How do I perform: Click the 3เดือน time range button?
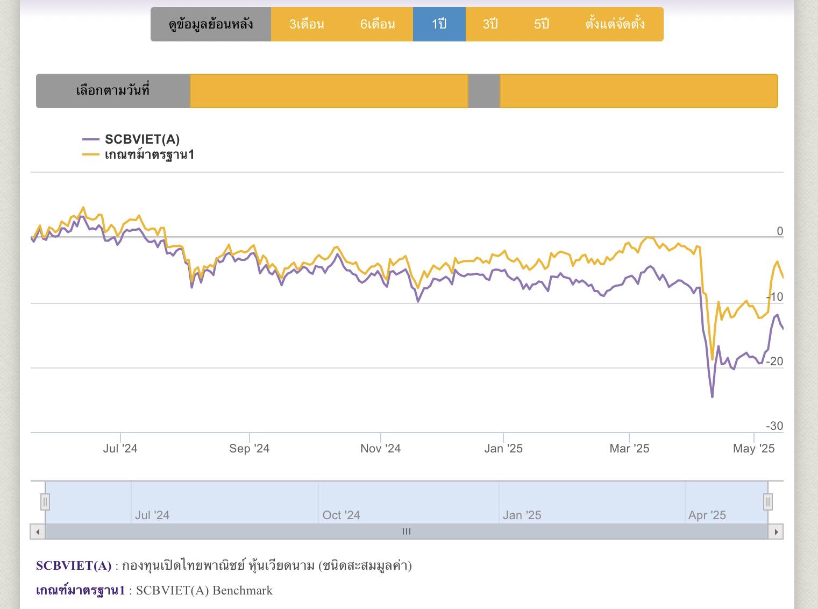click(x=307, y=24)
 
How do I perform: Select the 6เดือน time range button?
click(x=378, y=24)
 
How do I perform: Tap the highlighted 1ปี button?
click(x=439, y=24)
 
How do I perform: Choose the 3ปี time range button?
click(x=490, y=24)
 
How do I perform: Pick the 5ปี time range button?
click(x=542, y=24)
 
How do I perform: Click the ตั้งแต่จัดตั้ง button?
click(x=615, y=24)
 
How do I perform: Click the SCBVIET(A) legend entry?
click(x=142, y=139)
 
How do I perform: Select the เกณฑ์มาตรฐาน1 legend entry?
click(x=149, y=155)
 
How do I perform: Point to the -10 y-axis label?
click(x=776, y=297)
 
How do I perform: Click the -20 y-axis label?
click(x=775, y=362)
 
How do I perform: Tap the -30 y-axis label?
click(x=775, y=426)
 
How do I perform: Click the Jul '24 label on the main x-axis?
click(x=120, y=449)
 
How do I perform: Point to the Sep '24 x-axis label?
click(x=249, y=449)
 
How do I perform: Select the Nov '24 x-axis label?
click(x=380, y=449)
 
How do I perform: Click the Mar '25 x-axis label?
click(x=629, y=449)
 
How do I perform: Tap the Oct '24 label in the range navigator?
click(x=341, y=515)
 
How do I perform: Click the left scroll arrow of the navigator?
click(x=38, y=532)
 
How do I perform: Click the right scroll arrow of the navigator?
click(x=776, y=532)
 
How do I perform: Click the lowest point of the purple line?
click(x=713, y=397)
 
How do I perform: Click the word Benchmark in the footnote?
click(x=243, y=591)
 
